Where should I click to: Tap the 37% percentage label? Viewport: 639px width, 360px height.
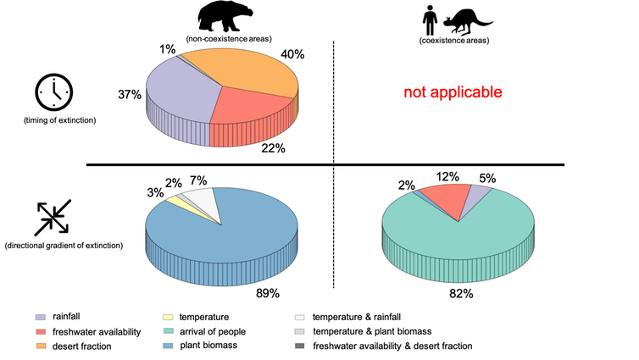pyautogui.click(x=130, y=94)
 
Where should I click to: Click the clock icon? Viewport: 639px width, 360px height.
pyautogui.click(x=53, y=91)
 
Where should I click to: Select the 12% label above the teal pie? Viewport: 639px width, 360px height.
pyautogui.click(x=447, y=177)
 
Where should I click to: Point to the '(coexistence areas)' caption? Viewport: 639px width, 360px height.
pyautogui.click(x=454, y=41)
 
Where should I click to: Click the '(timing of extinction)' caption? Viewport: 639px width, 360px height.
pyautogui.click(x=59, y=120)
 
